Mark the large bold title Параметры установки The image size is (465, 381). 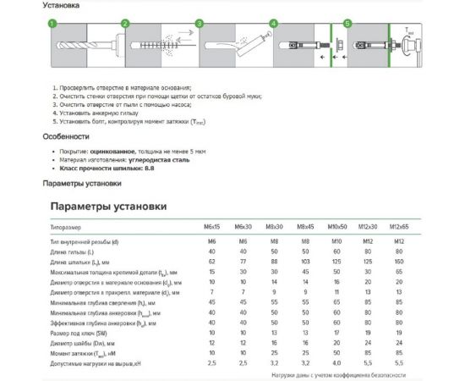coord(108,207)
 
